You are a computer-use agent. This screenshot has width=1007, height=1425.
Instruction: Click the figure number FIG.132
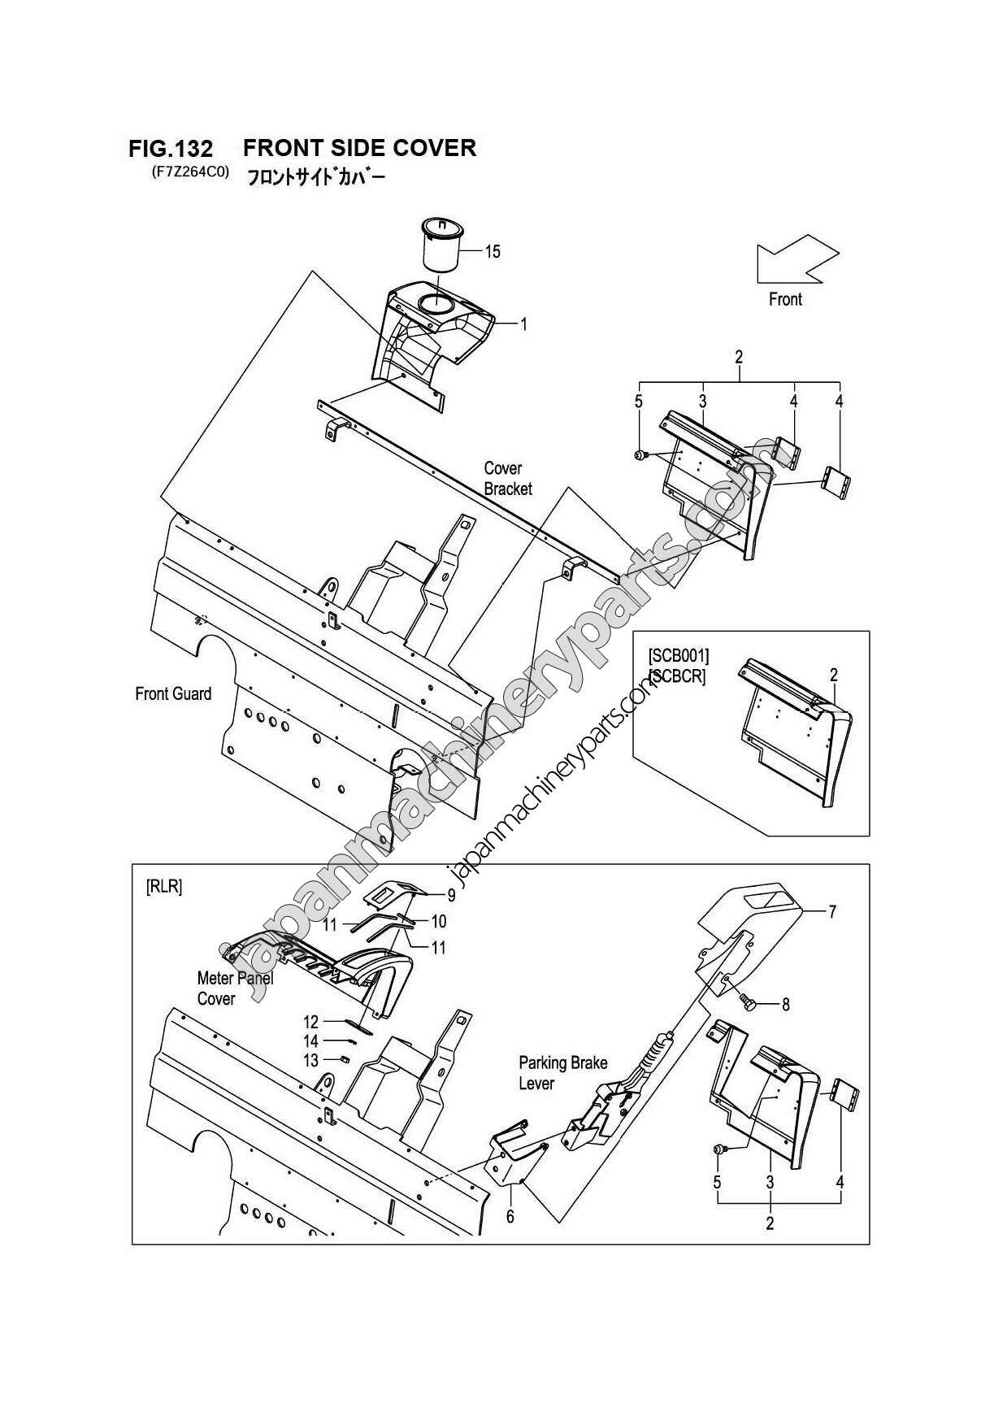[171, 149]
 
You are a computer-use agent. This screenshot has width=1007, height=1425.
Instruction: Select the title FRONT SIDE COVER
[359, 147]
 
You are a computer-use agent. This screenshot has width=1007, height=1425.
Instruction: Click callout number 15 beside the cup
[493, 251]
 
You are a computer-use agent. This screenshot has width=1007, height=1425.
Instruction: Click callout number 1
[523, 324]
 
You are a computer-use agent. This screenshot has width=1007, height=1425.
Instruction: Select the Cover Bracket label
[507, 479]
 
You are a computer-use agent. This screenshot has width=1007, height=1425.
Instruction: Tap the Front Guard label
[172, 693]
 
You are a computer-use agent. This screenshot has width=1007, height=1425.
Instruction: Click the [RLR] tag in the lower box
[163, 887]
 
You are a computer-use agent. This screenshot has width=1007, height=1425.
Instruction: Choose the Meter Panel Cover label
[234, 988]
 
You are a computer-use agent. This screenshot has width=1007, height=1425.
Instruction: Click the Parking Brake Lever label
[562, 1073]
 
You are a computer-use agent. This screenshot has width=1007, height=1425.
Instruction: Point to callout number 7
[831, 912]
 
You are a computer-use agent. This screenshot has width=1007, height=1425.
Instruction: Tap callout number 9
[451, 896]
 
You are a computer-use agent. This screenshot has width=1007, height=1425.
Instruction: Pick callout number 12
[310, 1022]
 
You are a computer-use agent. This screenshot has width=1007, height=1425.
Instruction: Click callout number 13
[310, 1060]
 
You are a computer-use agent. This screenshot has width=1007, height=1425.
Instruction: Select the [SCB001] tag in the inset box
[678, 655]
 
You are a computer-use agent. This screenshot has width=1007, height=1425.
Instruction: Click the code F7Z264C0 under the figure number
[189, 172]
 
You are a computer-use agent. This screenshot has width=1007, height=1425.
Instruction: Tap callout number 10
[439, 921]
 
